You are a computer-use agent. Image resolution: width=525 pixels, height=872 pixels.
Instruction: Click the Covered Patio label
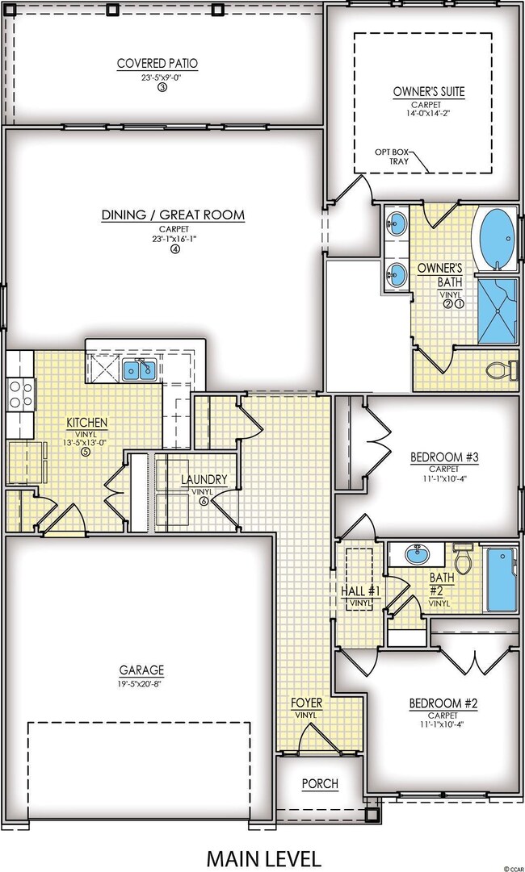pyautogui.click(x=157, y=64)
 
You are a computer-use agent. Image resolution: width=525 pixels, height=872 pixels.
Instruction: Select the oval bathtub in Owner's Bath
pyautogui.click(x=496, y=239)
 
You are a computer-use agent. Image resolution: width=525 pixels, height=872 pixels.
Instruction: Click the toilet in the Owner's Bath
pyautogui.click(x=502, y=370)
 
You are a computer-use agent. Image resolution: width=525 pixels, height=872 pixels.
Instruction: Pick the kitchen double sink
pyautogui.click(x=140, y=370)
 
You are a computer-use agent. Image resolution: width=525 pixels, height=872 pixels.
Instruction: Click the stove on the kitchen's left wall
pyautogui.click(x=20, y=395)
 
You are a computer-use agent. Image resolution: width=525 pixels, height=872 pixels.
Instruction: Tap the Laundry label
pyautogui.click(x=204, y=479)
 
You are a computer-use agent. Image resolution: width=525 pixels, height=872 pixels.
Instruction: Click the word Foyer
pyautogui.click(x=306, y=703)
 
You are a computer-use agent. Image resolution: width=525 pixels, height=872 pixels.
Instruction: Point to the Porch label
pyautogui.click(x=320, y=783)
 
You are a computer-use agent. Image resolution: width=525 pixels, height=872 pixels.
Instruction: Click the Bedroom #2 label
pyautogui.click(x=444, y=703)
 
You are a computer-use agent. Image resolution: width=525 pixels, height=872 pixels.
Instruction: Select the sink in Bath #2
pyautogui.click(x=418, y=555)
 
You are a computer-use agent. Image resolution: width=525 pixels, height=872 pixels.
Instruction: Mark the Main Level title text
pyautogui.click(x=262, y=857)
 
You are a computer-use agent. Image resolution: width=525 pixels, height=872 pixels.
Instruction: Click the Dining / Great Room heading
pyautogui.click(x=173, y=215)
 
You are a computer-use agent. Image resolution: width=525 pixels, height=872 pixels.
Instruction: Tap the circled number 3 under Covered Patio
pyautogui.click(x=162, y=87)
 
